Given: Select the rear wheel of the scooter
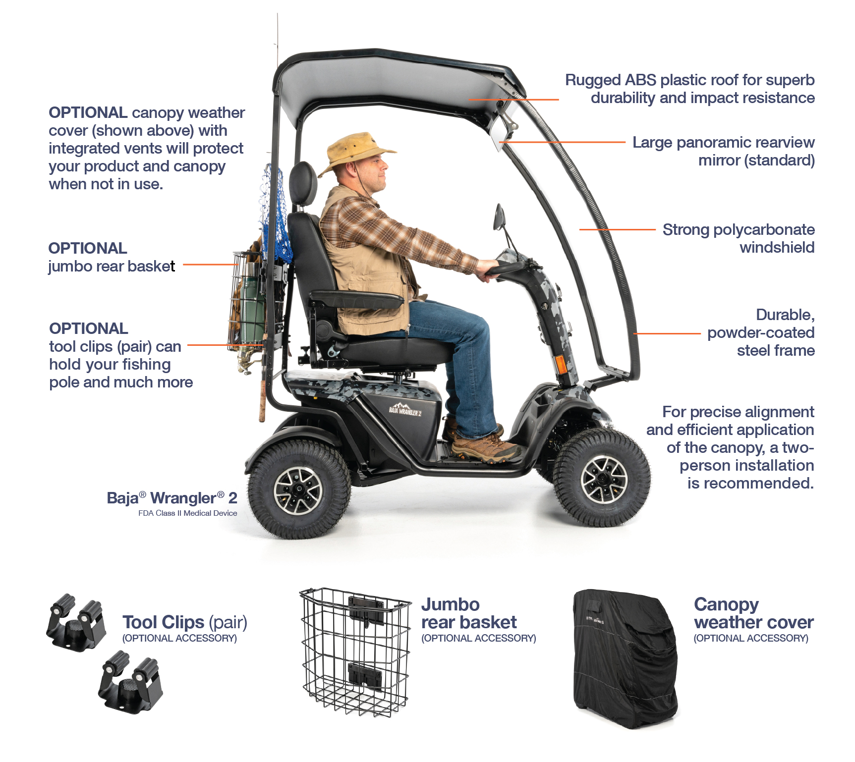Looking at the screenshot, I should (298, 490).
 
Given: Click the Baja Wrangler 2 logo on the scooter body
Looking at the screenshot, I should (405, 410).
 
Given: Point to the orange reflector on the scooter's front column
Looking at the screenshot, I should (561, 365).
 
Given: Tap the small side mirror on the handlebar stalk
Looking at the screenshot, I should (499, 218).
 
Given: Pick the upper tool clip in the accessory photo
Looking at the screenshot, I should (76, 621).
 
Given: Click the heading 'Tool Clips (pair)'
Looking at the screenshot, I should (184, 622).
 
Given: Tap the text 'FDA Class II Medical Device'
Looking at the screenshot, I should (187, 513).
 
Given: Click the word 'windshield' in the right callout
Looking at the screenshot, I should (777, 247).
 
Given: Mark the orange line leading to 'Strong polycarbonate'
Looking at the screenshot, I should (617, 229).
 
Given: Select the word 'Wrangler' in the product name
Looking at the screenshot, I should (183, 498).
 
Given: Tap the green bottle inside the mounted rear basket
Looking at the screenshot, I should (252, 307).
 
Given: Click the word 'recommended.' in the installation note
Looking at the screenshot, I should (750, 483).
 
